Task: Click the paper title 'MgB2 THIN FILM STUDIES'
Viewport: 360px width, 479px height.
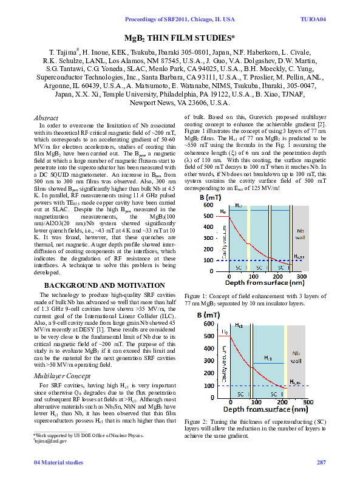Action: point(180,38)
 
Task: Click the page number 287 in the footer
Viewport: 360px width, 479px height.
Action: point(321,463)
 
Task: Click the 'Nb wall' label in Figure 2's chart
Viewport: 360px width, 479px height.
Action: point(296,356)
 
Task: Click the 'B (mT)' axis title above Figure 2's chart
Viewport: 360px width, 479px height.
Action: point(208,315)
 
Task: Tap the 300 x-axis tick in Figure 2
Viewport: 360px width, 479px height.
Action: point(308,401)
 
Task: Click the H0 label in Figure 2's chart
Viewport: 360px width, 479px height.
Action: point(225,332)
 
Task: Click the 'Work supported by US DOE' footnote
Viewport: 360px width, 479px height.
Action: point(88,435)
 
